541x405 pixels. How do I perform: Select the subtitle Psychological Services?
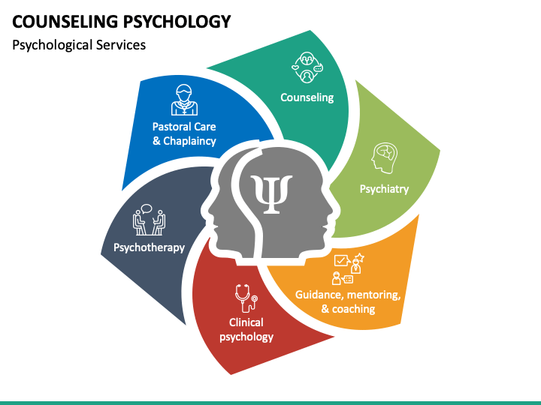pos(79,45)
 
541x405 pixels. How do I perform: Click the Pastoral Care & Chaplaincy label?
pos(184,133)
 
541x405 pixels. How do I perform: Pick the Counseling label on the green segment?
pos(307,97)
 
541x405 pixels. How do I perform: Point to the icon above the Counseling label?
pos(307,67)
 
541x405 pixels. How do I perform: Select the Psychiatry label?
pos(384,189)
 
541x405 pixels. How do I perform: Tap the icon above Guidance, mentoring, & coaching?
pos(348,268)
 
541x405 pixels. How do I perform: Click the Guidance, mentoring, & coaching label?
pos(348,301)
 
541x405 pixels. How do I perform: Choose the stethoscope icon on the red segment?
pos(245,297)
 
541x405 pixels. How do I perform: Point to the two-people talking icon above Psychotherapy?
pos(149,220)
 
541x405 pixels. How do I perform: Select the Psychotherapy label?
pos(149,247)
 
